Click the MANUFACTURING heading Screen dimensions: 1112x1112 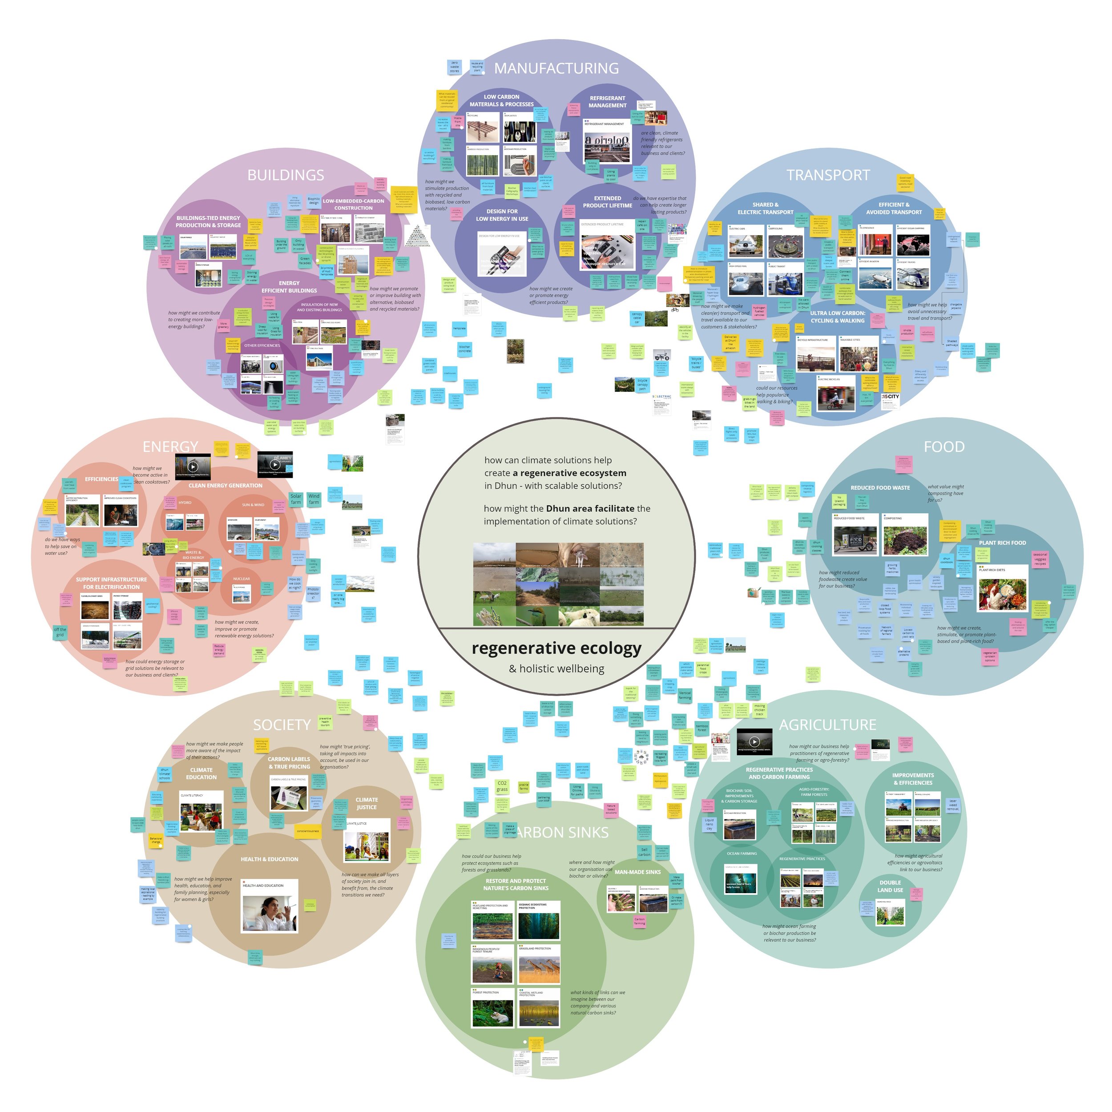(556, 68)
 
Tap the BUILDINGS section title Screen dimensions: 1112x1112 (286, 175)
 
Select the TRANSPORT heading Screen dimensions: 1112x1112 (828, 175)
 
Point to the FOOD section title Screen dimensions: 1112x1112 (943, 447)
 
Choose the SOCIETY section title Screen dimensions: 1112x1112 (282, 725)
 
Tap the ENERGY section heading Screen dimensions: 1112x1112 (170, 447)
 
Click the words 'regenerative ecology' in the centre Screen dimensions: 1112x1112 (556, 648)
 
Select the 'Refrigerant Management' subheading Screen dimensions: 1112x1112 (607, 102)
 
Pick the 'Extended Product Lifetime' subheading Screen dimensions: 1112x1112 (607, 201)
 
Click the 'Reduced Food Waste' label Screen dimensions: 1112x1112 (880, 488)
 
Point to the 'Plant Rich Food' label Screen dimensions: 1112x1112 (1002, 543)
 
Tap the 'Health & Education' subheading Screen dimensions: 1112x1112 (270, 859)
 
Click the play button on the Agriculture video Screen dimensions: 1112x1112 (754, 742)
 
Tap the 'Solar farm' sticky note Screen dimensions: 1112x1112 (296, 499)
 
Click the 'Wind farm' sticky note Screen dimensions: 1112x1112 (314, 499)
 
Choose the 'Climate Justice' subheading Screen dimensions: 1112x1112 (367, 803)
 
